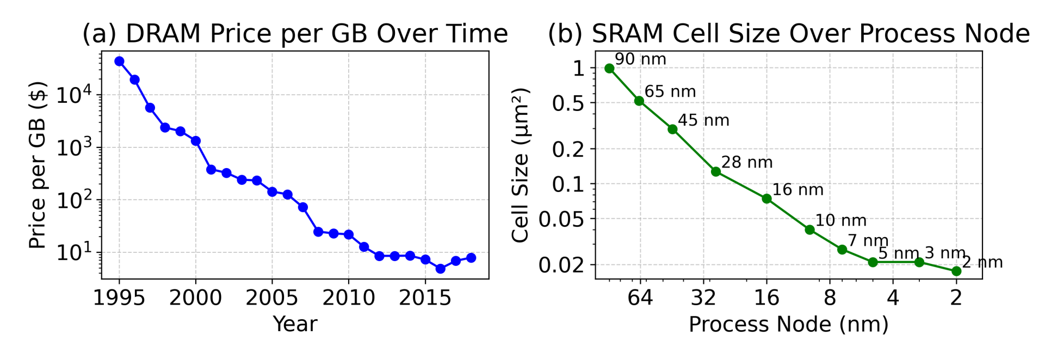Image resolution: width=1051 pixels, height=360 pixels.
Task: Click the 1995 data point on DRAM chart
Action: click(x=119, y=61)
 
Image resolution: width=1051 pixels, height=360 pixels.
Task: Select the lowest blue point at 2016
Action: click(x=441, y=269)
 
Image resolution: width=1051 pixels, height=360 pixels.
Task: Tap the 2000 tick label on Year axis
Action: click(x=195, y=298)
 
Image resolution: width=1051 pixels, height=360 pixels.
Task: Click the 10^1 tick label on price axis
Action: click(x=74, y=253)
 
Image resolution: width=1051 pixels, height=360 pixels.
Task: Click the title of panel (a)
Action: click(x=295, y=34)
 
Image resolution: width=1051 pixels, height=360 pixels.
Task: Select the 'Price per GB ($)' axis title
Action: click(x=37, y=165)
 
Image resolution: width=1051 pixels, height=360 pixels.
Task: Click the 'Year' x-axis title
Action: click(x=295, y=324)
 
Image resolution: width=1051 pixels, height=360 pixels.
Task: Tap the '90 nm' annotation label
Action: click(x=640, y=59)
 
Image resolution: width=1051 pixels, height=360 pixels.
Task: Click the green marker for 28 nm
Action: click(x=716, y=172)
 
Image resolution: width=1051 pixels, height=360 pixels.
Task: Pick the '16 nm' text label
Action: click(x=797, y=190)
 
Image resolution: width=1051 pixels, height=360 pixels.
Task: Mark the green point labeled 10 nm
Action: click(x=809, y=229)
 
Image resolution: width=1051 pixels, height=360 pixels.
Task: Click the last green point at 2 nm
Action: click(x=956, y=271)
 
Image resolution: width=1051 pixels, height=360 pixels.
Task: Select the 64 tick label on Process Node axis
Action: click(x=640, y=298)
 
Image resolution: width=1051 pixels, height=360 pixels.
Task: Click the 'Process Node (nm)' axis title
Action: click(x=788, y=324)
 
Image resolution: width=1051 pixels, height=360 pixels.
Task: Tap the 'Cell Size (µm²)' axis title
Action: click(x=520, y=165)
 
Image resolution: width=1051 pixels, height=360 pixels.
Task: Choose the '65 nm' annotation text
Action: click(x=670, y=92)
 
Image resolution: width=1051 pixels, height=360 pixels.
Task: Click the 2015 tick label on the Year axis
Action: click(x=425, y=298)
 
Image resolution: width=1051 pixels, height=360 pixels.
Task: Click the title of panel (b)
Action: click(x=788, y=34)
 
